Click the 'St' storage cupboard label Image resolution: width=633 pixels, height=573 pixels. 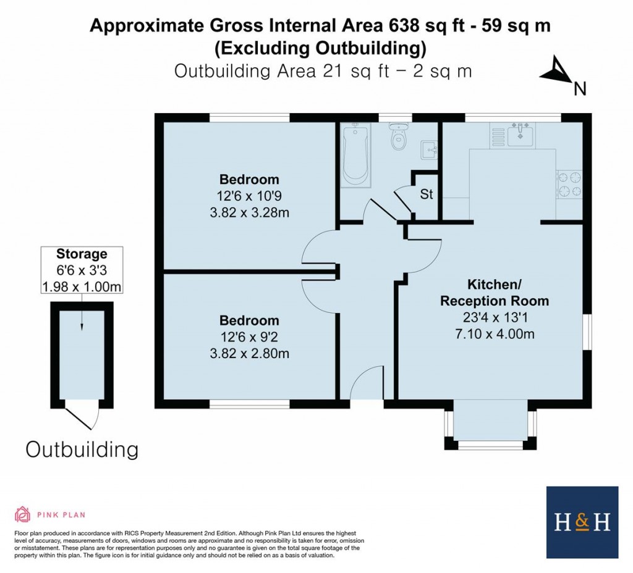click(427, 194)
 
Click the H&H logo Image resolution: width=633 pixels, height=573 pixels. click(582, 522)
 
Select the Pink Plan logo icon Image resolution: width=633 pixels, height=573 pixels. click(22, 514)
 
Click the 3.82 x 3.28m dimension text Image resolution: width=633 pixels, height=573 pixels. click(250, 213)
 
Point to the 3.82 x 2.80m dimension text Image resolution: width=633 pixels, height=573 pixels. click(250, 354)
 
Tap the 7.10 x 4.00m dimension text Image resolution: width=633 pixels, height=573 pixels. click(494, 335)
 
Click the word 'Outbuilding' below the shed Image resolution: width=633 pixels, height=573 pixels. click(82, 449)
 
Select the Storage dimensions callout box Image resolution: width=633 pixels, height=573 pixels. click(82, 270)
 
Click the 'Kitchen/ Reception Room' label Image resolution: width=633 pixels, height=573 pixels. click(494, 293)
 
